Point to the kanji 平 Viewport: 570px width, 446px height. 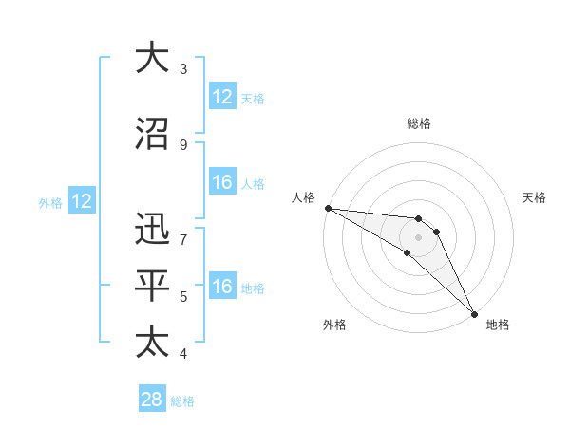pyautogui.click(x=153, y=285)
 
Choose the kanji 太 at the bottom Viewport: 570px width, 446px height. pyautogui.click(x=153, y=341)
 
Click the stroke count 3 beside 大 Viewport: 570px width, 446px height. pyautogui.click(x=182, y=69)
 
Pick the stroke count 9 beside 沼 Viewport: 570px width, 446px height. pyautogui.click(x=182, y=144)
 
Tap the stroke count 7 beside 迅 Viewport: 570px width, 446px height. pyautogui.click(x=182, y=230)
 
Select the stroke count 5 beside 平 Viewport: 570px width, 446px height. pyautogui.click(x=182, y=297)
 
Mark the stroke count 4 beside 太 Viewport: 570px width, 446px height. pyautogui.click(x=182, y=354)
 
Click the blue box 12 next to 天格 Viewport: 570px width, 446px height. pyautogui.click(x=222, y=97)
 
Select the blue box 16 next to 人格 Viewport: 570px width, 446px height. pyautogui.click(x=222, y=182)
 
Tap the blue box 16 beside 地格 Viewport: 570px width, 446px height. pyautogui.click(x=222, y=287)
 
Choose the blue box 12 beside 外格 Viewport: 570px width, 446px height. pyautogui.click(x=81, y=201)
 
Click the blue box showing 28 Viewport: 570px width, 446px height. pyautogui.click(x=151, y=400)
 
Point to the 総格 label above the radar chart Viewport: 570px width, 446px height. pyautogui.click(x=419, y=123)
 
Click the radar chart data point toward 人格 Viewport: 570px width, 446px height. pyautogui.click(x=328, y=208)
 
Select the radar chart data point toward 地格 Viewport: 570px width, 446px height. pyautogui.click(x=474, y=313)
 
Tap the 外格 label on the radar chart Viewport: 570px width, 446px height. pyautogui.click(x=334, y=325)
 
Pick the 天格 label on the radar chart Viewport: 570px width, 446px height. pyautogui.click(x=535, y=197)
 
